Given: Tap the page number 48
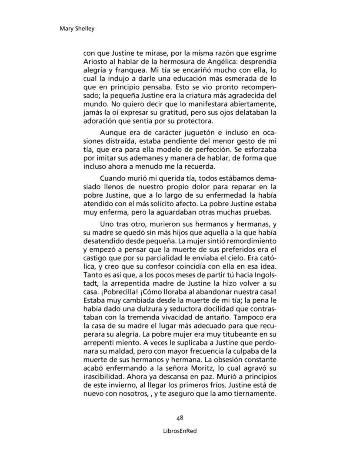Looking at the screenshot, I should (x=180, y=418).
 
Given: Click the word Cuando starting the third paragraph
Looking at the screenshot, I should (x=112, y=178).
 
